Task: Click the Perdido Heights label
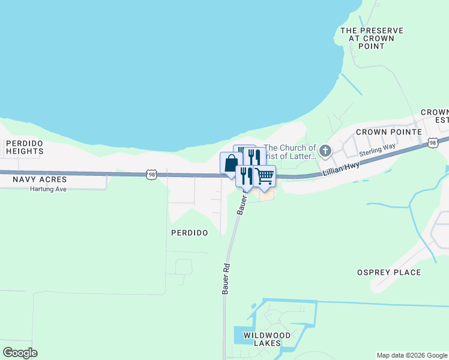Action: coord(25,148)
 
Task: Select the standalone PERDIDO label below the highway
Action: coord(189,232)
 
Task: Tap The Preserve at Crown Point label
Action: coord(372,38)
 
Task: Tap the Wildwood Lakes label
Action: coord(267,339)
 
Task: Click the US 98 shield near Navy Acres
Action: coord(152,174)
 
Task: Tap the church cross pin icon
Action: coord(325,151)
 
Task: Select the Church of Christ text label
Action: coord(290,152)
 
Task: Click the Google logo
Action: coord(20,353)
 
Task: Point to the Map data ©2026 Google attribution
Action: coord(412,355)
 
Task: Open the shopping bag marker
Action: coord(231,163)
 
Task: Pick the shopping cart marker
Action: coord(265,176)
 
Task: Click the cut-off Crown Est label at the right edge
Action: coord(436,116)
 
